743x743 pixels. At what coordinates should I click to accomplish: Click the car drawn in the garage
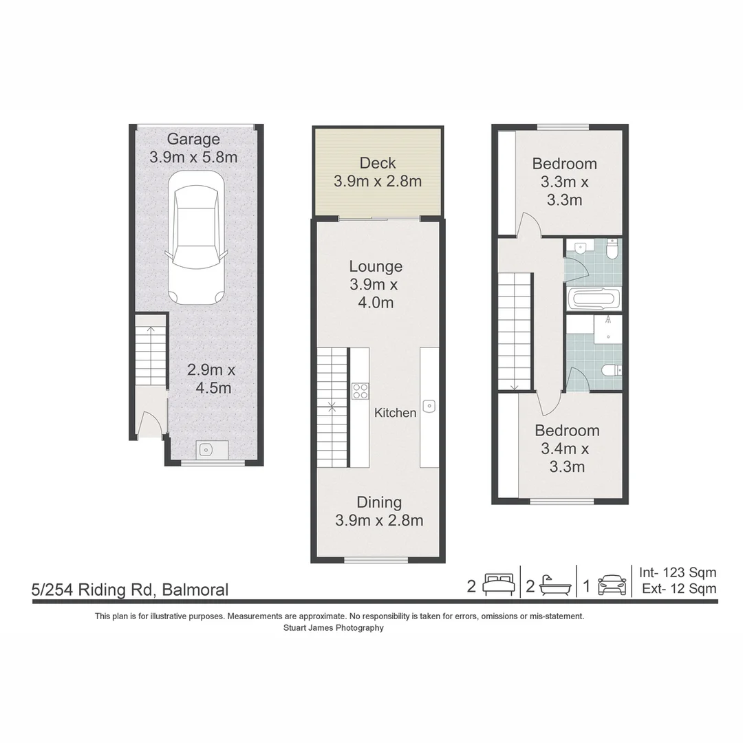[197, 237]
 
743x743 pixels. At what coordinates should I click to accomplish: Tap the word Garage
[193, 139]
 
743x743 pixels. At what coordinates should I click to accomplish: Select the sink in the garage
[206, 450]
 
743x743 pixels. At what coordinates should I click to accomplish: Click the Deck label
[378, 163]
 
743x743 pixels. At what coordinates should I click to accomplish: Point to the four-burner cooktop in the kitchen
[360, 391]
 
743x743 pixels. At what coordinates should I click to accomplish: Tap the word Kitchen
[395, 413]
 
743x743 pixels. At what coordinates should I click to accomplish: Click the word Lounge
[376, 266]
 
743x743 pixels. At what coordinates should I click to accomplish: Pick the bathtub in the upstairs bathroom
[594, 299]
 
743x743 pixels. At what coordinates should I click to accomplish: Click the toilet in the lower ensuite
[611, 371]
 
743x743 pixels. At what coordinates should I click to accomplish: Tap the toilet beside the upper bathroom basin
[612, 248]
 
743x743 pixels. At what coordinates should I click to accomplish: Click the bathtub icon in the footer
[554, 585]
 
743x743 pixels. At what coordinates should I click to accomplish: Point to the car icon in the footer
[612, 585]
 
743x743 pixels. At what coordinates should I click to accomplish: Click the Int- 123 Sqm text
[678, 572]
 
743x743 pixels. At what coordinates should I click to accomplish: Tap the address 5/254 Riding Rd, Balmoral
[130, 590]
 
